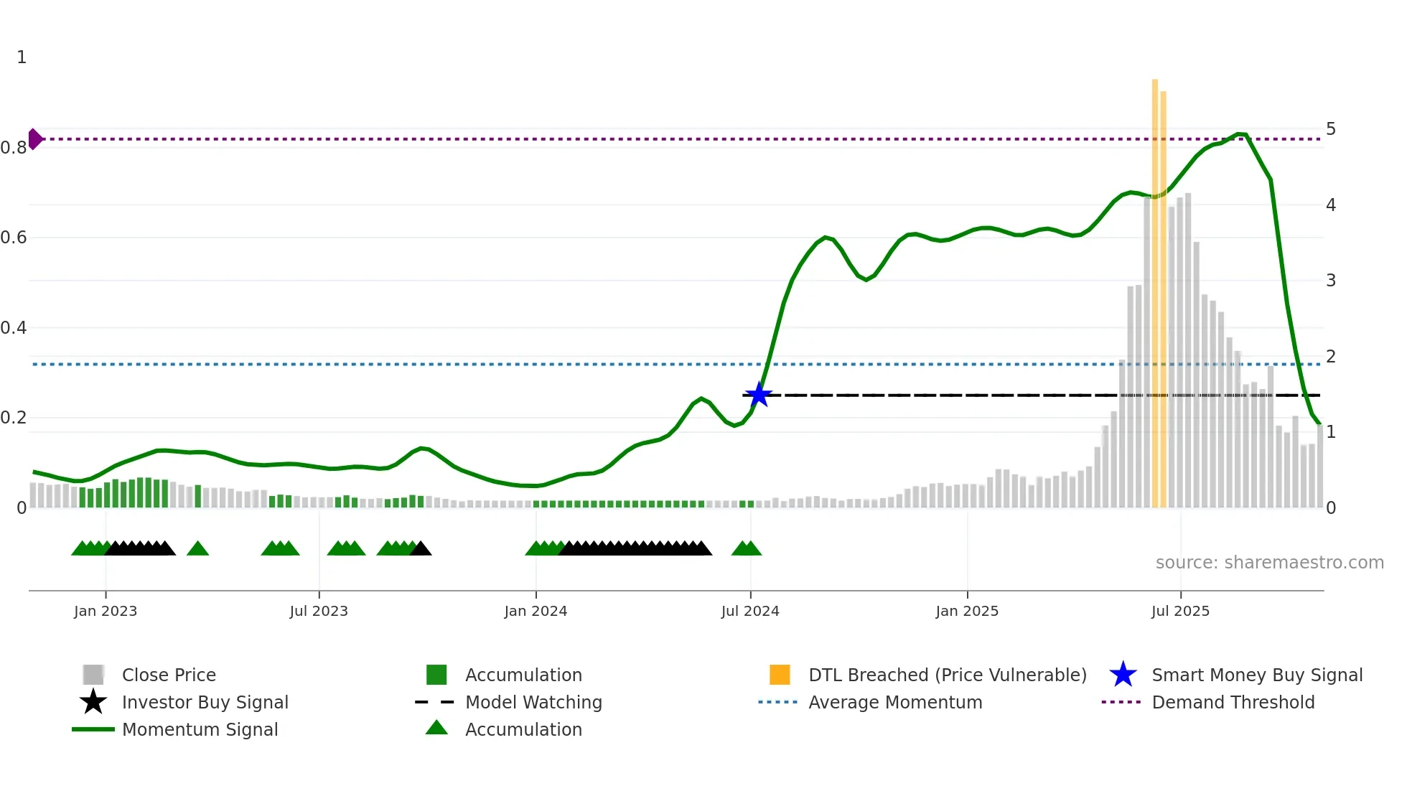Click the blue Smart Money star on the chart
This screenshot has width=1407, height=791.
[x=758, y=395]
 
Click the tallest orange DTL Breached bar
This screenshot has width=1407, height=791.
[x=1155, y=287]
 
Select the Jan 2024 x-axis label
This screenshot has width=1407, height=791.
[x=536, y=611]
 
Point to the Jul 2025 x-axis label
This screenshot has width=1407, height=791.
[x=1180, y=611]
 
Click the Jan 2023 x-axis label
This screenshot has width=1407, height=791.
[x=106, y=611]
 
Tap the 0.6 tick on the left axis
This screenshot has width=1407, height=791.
[x=14, y=238]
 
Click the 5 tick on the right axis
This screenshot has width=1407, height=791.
[x=1330, y=129]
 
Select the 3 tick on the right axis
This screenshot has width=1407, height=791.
[x=1330, y=281]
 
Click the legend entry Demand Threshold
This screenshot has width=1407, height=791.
[x=1233, y=702]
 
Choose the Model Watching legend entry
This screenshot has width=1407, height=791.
[x=533, y=702]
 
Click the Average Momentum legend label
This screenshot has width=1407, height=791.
[x=894, y=702]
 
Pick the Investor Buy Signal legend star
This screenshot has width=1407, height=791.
[x=93, y=702]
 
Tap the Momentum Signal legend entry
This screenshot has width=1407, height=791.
[x=200, y=729]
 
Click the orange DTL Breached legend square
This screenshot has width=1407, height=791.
[x=780, y=675]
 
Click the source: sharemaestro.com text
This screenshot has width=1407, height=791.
[x=1269, y=563]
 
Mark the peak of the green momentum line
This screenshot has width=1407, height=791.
[x=1240, y=134]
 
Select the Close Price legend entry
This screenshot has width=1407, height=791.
[x=169, y=675]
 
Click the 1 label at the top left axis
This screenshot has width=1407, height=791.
[x=22, y=57]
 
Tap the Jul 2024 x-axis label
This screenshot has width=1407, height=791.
[x=750, y=611]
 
